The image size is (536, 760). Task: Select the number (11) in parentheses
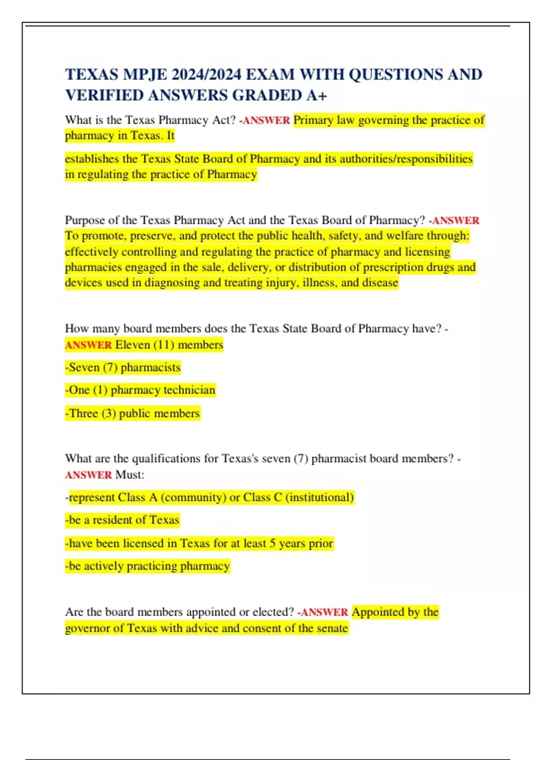[x=163, y=345]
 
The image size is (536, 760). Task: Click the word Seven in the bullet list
[x=84, y=367]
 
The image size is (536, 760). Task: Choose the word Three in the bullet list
[x=83, y=414]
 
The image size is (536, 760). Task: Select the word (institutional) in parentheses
[x=320, y=498]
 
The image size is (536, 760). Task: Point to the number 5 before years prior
[x=272, y=544]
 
